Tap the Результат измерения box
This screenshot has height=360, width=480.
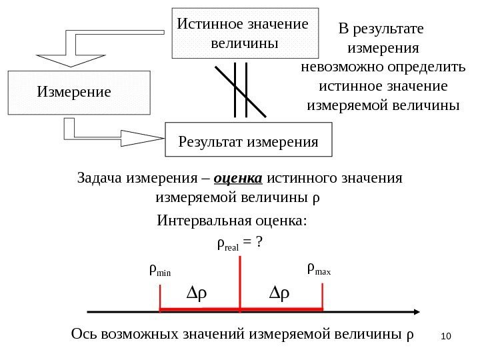coord(248,140)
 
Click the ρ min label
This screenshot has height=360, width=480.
coord(159,271)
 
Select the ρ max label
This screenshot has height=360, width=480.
coord(319,270)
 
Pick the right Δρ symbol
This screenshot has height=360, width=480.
coord(280,293)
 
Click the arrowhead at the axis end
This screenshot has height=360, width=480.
coord(416,311)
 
